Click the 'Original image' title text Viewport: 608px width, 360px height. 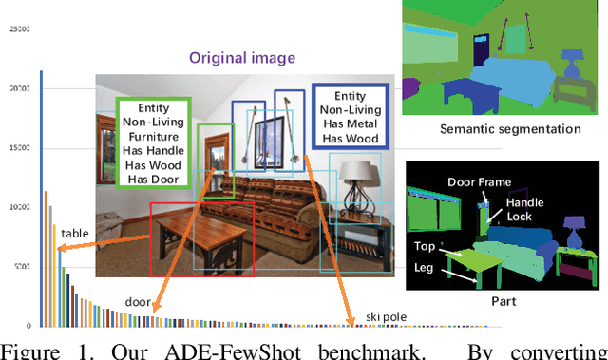243,58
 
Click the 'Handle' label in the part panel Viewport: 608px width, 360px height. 524,202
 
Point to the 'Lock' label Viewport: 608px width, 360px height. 518,217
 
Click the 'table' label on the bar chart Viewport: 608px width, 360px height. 77,233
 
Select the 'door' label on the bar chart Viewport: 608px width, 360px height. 139,303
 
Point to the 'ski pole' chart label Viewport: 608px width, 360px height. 388,315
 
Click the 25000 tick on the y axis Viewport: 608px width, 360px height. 19,28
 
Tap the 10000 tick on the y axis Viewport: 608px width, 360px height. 19,206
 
